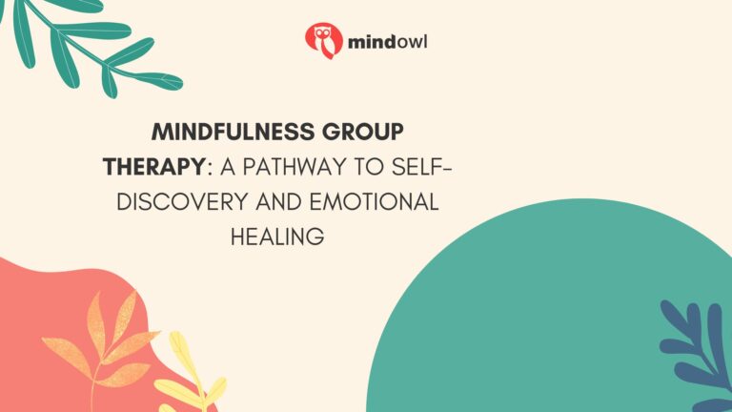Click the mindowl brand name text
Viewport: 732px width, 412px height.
tap(381, 41)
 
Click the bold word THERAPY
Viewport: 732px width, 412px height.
tap(153, 168)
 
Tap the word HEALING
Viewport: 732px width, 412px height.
tap(277, 237)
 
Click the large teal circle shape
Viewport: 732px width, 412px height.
tap(534, 324)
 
